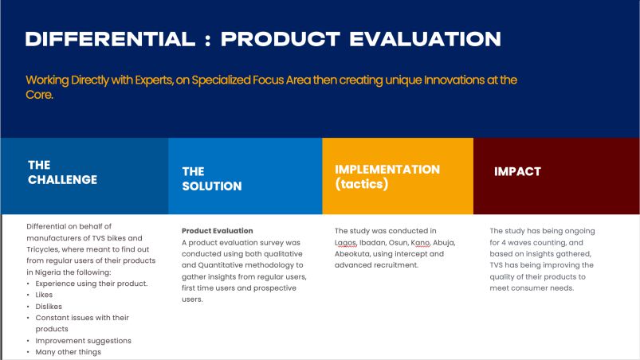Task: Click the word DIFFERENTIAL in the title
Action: (110, 39)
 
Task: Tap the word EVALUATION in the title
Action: (425, 39)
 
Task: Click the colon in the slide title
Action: (208, 40)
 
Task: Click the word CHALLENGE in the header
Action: (62, 180)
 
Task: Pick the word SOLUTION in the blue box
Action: (212, 186)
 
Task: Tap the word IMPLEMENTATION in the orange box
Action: (387, 170)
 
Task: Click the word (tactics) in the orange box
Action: (362, 184)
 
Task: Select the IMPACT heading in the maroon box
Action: (517, 172)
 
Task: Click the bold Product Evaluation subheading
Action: (217, 231)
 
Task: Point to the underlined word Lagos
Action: (345, 243)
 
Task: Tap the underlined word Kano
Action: (420, 243)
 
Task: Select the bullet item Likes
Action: (44, 295)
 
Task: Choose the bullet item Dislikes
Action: (49, 306)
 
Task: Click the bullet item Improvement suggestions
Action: (83, 341)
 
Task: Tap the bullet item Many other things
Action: (69, 352)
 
